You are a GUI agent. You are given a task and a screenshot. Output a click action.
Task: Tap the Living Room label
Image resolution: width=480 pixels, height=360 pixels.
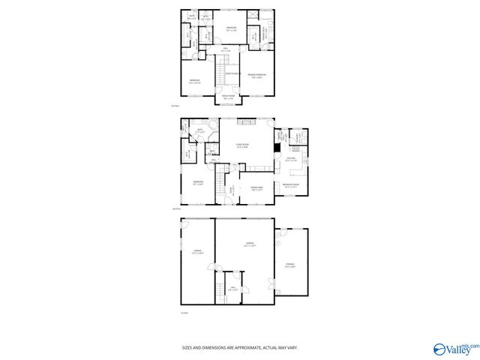coord(242,145)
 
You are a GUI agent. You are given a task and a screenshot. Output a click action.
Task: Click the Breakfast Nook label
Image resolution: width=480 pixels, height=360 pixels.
coord(291,185)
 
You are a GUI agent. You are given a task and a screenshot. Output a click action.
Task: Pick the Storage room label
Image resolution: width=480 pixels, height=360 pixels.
coord(290,265)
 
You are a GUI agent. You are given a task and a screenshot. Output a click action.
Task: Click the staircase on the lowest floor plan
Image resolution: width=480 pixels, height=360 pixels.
coord(221,289)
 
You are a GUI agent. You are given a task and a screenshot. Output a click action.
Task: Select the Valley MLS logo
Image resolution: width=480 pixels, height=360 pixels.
coord(453,349)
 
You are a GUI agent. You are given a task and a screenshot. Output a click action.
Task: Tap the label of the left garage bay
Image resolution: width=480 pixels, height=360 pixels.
coord(198,252)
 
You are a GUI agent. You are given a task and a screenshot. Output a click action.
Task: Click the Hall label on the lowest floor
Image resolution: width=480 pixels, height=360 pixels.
coord(233,288)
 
